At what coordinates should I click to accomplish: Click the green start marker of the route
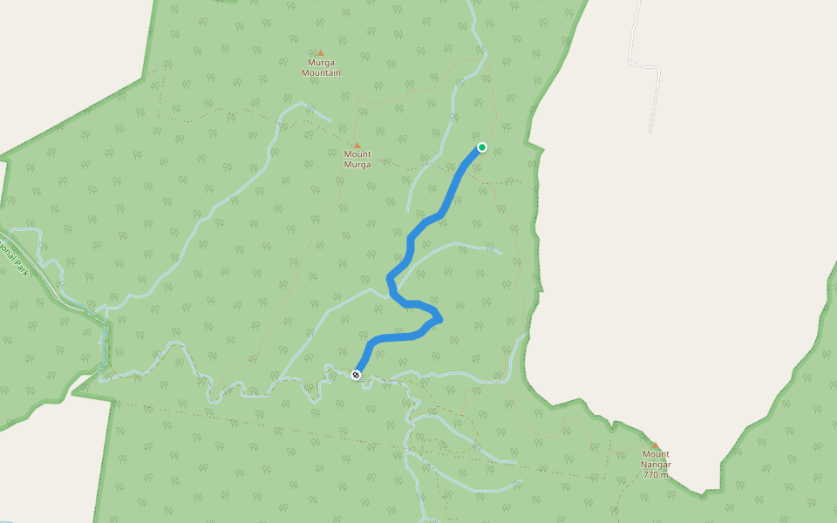[481, 147]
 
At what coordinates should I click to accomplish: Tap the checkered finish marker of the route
[356, 375]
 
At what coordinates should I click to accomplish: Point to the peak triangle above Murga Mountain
[320, 53]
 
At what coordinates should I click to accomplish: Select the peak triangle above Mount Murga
[357, 145]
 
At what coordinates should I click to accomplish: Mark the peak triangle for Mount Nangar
[656, 445]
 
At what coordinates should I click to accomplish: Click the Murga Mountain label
[321, 68]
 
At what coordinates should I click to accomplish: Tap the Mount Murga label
[357, 160]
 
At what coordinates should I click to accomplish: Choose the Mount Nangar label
[657, 459]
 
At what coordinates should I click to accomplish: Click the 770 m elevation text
[657, 475]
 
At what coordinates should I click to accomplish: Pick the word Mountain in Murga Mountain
[321, 73]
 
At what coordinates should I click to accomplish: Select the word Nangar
[657, 465]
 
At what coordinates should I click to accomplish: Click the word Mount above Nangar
[657, 454]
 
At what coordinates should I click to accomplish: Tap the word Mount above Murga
[357, 154]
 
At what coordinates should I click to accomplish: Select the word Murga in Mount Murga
[357, 165]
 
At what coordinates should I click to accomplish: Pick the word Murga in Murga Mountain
[321, 63]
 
